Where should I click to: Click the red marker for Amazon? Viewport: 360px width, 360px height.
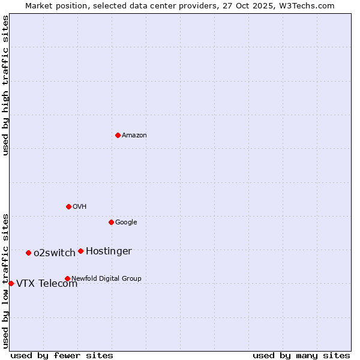coord(118,135)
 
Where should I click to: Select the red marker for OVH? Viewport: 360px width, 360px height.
coord(68,206)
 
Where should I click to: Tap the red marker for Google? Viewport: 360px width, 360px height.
coord(111,222)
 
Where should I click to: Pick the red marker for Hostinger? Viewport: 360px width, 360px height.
coord(80,251)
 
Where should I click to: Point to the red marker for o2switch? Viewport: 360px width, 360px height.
coord(28,253)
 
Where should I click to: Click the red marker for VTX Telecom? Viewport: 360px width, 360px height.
coord(11,283)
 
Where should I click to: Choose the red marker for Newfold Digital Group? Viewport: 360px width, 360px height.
coord(67,278)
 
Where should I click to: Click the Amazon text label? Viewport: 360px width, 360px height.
coord(134,136)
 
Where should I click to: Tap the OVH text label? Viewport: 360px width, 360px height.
coord(80,207)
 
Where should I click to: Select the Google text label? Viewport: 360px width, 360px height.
coord(126,223)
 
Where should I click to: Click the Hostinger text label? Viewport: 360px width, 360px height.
coord(109,251)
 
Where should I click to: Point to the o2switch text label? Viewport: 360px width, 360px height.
coord(55,253)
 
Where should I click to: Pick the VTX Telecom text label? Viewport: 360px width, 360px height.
coord(47,284)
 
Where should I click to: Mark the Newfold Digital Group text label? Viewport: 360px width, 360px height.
coord(106,278)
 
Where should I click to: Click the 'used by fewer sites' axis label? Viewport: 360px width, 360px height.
coord(62,355)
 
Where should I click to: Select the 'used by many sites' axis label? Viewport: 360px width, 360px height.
coord(301,355)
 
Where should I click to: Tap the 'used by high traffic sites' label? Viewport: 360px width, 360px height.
coord(5,85)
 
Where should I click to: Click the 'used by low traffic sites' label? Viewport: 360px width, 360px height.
coord(5,280)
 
